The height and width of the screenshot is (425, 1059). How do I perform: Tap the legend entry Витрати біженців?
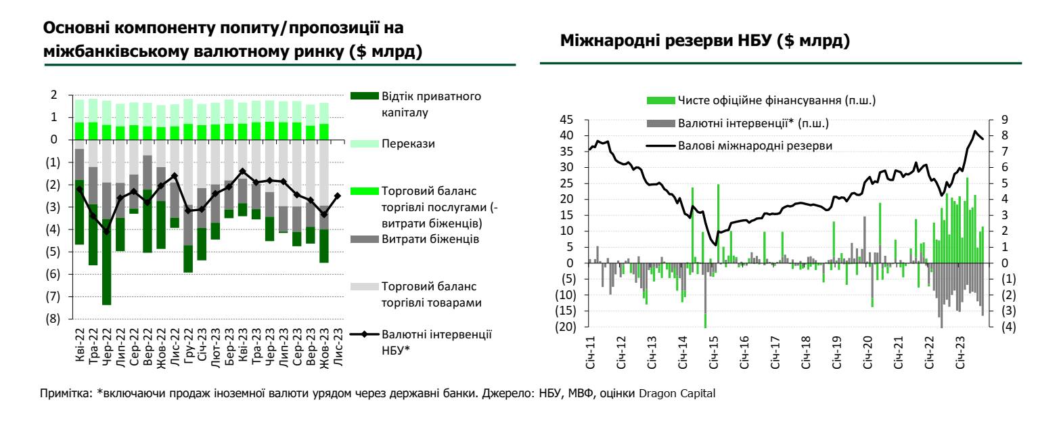click(x=421, y=239)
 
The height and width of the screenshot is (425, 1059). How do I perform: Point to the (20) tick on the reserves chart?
click(x=566, y=327)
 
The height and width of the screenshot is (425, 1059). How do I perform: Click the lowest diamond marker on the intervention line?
click(x=106, y=231)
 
